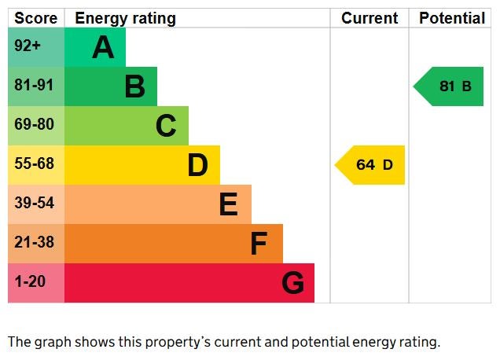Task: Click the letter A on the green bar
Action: [x=103, y=48]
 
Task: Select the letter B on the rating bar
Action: [x=134, y=86]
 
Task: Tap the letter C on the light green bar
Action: [x=166, y=126]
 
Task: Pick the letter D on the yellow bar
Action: [x=197, y=165]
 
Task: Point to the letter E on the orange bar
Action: [x=228, y=204]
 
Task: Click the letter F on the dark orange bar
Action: [x=259, y=244]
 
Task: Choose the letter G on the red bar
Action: [x=292, y=283]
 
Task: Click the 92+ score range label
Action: [x=28, y=46]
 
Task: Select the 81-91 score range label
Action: [x=34, y=86]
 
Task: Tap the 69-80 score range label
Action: [x=34, y=125]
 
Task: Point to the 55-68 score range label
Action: [x=34, y=164]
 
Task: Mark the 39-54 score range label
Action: [x=34, y=204]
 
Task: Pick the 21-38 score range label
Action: [x=34, y=243]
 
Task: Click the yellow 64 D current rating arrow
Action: [x=371, y=165]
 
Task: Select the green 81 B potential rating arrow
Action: [x=450, y=86]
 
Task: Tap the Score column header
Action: [x=36, y=18]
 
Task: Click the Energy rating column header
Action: [x=125, y=18]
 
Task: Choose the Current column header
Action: [x=369, y=18]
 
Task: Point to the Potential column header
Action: [x=452, y=18]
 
